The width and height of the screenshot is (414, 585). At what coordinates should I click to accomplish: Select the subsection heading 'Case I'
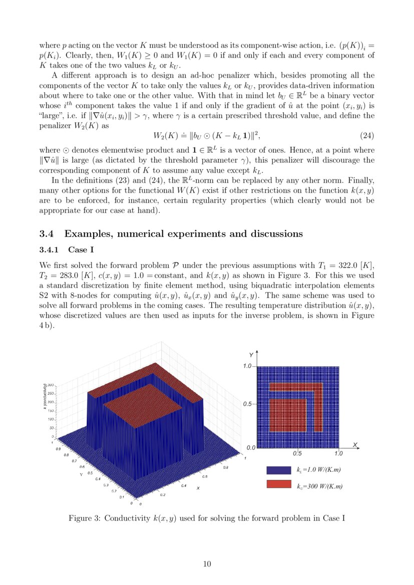pos(78,249)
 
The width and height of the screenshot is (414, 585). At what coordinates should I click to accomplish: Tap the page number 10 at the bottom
pos(207,564)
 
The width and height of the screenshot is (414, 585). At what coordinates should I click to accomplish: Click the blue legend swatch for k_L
pos(279,470)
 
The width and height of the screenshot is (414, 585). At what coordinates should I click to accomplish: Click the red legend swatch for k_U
pos(279,485)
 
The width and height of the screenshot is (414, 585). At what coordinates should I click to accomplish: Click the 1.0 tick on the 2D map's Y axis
pos(248,366)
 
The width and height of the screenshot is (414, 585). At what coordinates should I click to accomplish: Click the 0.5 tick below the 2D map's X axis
pos(297,453)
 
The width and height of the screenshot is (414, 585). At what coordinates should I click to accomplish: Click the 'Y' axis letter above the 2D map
pos(251,355)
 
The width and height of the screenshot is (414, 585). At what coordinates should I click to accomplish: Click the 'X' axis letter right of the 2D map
pos(354,444)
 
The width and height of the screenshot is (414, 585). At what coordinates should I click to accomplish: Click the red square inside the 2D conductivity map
pos(288,415)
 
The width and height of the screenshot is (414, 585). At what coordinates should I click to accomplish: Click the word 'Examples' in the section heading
pos(89,234)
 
